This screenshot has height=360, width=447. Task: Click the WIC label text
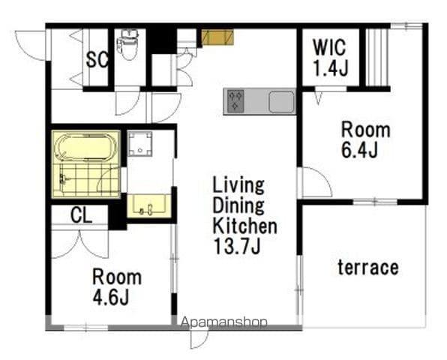pos(329,46)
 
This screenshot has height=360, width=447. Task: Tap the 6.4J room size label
pos(359,150)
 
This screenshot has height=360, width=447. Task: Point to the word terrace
pos(368,267)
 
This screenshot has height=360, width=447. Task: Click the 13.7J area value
pos(237,246)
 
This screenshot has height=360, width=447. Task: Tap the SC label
pos(97,59)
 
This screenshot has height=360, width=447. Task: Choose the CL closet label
pos(81,215)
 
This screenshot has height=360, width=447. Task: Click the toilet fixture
pos(128,44)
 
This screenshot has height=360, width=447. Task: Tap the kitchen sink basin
pos(282,102)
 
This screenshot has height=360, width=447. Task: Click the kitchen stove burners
pos(235,101)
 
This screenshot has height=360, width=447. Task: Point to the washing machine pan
pos(139,144)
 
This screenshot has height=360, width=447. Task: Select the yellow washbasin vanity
pos(149,205)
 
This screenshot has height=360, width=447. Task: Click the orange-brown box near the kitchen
pos(217,37)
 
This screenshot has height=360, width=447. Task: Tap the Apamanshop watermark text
pos(224,322)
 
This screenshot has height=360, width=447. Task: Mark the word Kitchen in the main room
pos(245,226)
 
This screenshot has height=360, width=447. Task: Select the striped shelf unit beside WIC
pos(376,57)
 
